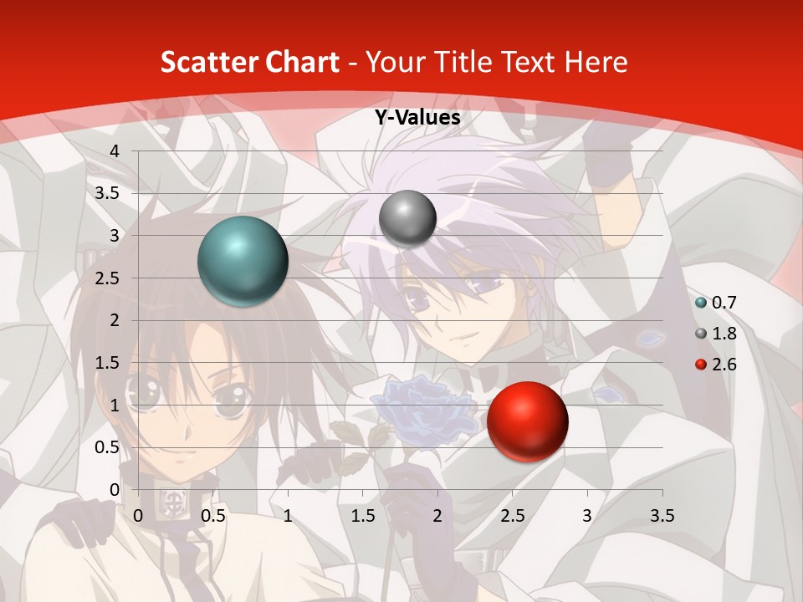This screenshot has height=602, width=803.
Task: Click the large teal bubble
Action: (x=243, y=261)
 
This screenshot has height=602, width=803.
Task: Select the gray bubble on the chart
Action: (x=407, y=218)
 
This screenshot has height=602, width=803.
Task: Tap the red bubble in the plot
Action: (x=527, y=421)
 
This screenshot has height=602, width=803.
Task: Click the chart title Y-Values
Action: (x=417, y=118)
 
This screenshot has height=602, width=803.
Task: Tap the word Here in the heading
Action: (x=595, y=62)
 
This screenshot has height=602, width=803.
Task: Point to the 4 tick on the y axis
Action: (x=115, y=151)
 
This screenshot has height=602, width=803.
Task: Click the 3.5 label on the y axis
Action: (x=108, y=193)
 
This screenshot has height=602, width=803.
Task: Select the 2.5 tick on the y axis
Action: (x=108, y=278)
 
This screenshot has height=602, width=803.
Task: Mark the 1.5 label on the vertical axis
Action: (x=108, y=363)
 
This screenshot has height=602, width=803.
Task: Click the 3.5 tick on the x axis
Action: (x=662, y=516)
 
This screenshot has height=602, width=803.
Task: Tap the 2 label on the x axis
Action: (x=437, y=516)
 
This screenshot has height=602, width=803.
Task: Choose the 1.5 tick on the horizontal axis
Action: (x=363, y=516)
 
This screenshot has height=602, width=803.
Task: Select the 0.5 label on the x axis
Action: (x=213, y=516)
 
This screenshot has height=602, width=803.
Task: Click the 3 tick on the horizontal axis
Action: (x=587, y=516)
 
